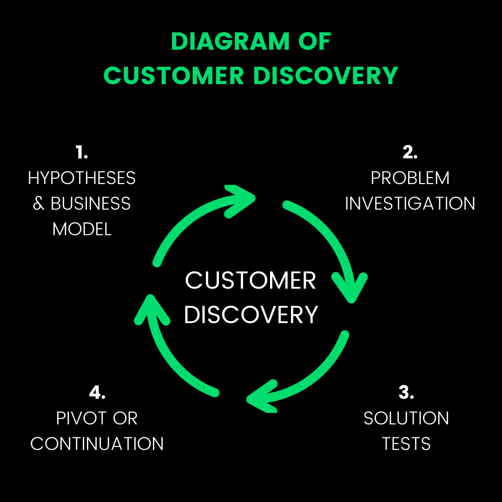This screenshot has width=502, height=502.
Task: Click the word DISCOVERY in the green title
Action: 325,76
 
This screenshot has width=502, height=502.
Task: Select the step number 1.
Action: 82,152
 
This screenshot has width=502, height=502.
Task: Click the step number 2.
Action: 410,152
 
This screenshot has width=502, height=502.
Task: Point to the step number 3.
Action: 406,392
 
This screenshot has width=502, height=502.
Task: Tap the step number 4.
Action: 97,392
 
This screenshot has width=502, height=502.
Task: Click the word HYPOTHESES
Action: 82,178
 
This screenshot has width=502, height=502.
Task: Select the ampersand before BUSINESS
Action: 38,204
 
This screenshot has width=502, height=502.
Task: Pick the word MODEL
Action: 82,229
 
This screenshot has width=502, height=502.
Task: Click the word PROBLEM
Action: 410,178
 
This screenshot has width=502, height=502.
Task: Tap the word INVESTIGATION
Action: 410,204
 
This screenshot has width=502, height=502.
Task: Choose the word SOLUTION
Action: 406,418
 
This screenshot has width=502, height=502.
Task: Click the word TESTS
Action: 406,444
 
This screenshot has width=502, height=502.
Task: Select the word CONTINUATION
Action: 97,444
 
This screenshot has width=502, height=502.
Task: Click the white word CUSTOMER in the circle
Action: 251,281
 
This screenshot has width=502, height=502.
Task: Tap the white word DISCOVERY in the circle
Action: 251,315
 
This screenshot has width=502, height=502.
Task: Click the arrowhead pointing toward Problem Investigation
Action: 239,199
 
